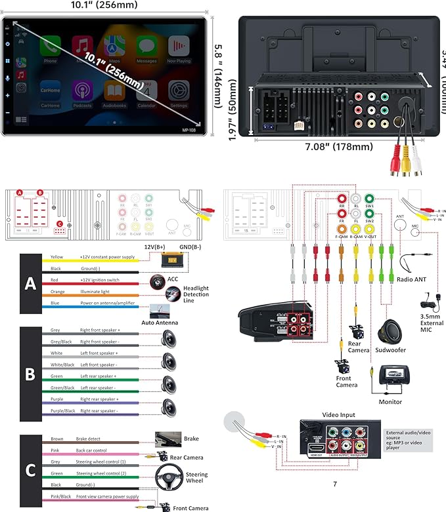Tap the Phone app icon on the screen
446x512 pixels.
click(50, 47)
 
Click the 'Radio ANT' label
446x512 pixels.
click(412, 279)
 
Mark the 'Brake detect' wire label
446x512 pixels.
click(94, 438)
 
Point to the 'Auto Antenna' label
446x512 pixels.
click(160, 323)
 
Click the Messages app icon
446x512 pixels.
click(146, 47)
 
